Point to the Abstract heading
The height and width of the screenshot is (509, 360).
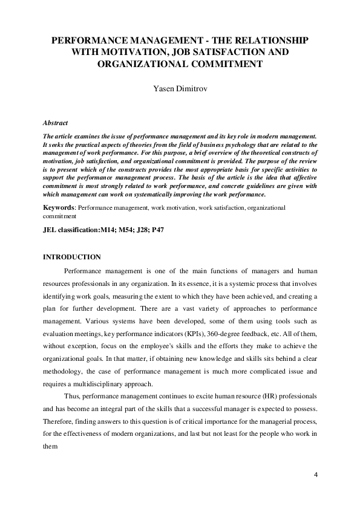55,123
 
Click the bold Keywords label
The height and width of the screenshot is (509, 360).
59,208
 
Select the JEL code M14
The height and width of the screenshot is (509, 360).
108,230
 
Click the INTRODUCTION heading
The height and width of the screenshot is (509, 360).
72,258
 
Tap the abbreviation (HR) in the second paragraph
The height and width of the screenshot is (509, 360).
243,402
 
